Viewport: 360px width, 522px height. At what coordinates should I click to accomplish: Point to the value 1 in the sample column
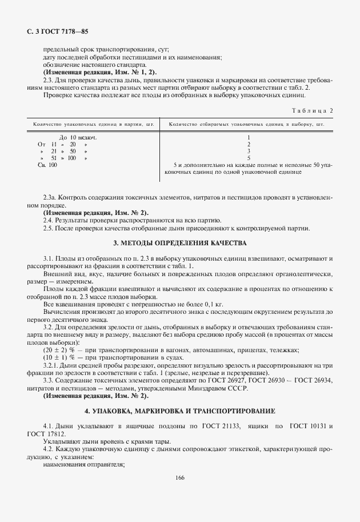249,138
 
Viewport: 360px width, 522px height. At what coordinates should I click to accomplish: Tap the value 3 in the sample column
249,152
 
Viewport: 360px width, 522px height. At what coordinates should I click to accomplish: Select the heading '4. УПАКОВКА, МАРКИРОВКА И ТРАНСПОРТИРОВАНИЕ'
180,411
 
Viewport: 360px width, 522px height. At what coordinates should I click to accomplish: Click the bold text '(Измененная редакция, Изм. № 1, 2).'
90,73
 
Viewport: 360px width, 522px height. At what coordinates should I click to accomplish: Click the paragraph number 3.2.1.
52,365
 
